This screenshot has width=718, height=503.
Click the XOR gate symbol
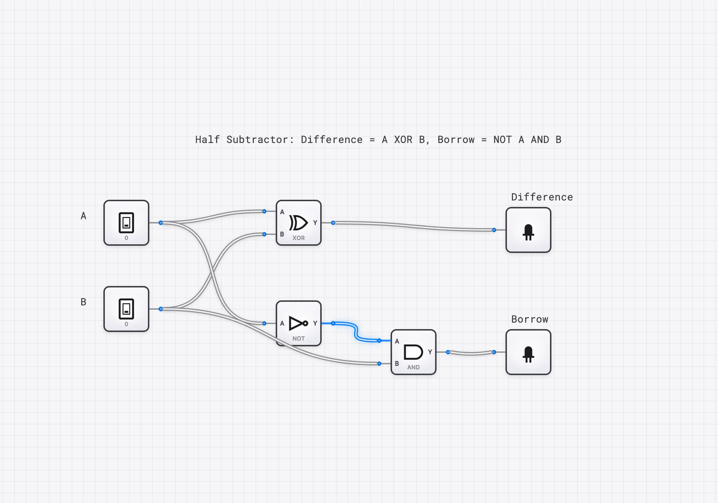click(298, 223)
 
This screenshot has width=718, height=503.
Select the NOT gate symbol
click(298, 323)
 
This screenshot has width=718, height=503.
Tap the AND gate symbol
click(413, 352)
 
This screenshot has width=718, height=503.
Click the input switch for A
click(126, 223)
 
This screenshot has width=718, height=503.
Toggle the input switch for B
click(126, 309)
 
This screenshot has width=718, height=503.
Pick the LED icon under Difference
click(528, 232)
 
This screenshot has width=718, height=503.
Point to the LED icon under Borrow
click(528, 354)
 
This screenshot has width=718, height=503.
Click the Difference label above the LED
click(542, 197)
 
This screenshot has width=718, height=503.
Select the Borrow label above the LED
click(530, 319)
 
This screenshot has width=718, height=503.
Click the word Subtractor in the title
click(260, 139)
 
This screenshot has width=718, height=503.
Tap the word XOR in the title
click(403, 139)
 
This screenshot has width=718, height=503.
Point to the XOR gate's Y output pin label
click(315, 223)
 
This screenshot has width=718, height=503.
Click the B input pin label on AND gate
click(397, 364)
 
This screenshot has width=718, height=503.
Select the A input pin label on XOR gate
click(282, 212)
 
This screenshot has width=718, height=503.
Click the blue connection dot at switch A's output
click(161, 223)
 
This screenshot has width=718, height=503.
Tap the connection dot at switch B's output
click(161, 309)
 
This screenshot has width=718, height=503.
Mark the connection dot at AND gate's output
click(448, 352)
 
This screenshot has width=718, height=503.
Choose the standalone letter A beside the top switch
click(83, 216)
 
